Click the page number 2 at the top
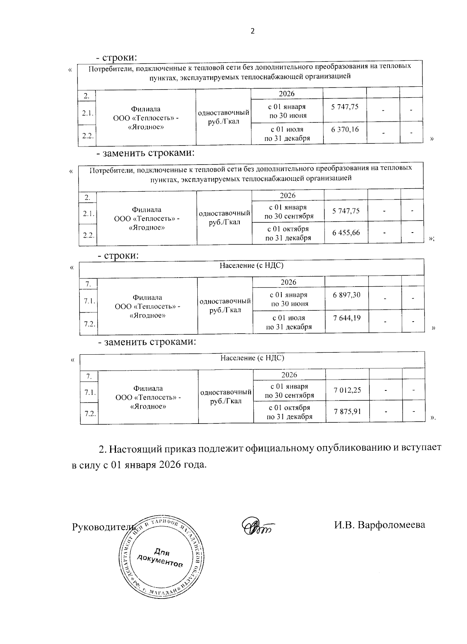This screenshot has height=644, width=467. (252, 31)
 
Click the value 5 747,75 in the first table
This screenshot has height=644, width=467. (344, 107)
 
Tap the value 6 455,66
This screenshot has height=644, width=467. (346, 233)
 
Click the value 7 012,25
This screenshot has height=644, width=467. (347, 390)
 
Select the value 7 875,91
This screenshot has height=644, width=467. (347, 411)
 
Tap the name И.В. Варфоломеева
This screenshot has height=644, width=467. (379, 525)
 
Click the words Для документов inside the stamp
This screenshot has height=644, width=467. (160, 558)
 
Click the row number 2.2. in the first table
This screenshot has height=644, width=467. (86, 135)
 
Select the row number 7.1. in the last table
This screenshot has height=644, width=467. (89, 393)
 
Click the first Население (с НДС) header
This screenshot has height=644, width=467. (251, 266)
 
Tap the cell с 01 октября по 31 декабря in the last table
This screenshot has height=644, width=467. (289, 412)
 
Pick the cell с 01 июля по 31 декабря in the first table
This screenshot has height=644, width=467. (287, 133)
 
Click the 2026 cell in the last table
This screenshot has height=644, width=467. (289, 375)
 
